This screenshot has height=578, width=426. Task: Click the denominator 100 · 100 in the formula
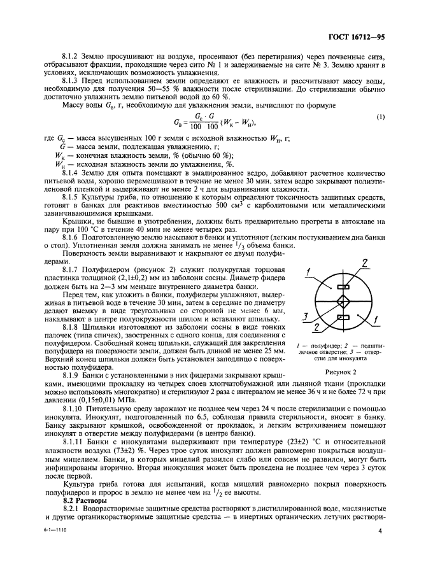(201, 126)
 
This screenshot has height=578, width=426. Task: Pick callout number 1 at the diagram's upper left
(307, 274)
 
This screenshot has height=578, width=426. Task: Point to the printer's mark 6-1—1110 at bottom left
(55, 547)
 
